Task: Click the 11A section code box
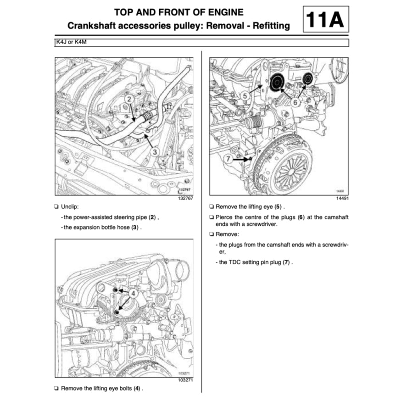pos(325,20)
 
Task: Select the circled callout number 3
pos(155,151)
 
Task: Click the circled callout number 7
pos(228,158)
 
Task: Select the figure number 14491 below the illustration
pos(340,198)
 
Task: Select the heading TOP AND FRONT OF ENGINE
pos(178,12)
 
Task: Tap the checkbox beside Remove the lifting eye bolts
pos(56,389)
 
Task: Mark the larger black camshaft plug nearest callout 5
pos(277,83)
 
